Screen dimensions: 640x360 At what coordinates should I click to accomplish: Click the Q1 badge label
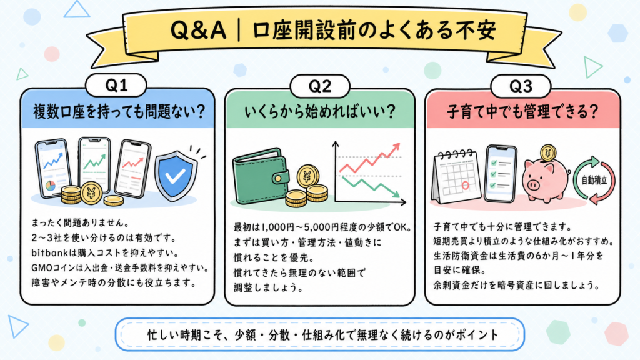tap(116, 85)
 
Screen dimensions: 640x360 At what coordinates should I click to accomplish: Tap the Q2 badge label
tap(320, 86)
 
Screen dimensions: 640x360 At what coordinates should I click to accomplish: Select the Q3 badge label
tap(521, 86)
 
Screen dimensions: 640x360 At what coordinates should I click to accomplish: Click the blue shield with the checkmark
tap(176, 175)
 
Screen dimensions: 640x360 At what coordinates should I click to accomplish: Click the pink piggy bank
tap(546, 180)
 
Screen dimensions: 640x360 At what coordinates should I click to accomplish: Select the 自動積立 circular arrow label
tap(594, 180)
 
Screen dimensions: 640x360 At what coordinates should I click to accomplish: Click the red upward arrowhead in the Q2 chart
tap(395, 147)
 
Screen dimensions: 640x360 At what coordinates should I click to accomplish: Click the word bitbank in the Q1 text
tap(49, 253)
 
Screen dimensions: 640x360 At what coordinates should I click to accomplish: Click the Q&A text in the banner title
tap(198, 30)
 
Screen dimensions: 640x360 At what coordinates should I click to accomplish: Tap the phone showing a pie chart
tap(52, 167)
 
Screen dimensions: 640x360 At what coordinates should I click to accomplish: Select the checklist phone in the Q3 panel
tap(501, 173)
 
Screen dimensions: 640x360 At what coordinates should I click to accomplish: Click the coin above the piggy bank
tap(547, 154)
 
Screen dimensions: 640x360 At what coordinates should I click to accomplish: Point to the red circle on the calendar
tap(465, 185)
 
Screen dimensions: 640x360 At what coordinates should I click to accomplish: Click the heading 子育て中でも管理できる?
tap(522, 111)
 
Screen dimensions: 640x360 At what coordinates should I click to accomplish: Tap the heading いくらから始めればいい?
tap(321, 111)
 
